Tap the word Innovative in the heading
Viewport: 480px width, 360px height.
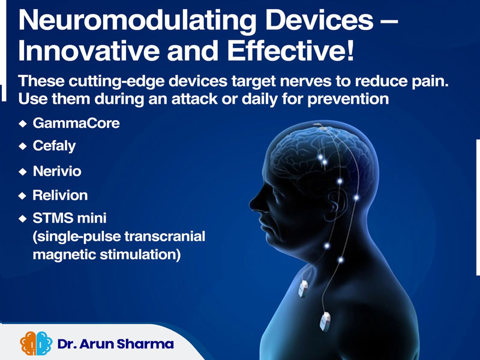pyautogui.click(x=89, y=51)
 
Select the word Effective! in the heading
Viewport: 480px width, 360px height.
pyautogui.click(x=290, y=51)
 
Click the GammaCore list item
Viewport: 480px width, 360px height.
pyautogui.click(x=76, y=124)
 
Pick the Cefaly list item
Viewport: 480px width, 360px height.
pyautogui.click(x=54, y=146)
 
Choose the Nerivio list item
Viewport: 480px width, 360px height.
pyautogui.click(x=57, y=171)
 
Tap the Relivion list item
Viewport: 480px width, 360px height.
pyautogui.click(x=60, y=196)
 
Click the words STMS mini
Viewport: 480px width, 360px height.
pyautogui.click(x=70, y=218)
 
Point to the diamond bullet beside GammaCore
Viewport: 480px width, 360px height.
pyautogui.click(x=23, y=124)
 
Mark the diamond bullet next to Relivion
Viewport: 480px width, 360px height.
pyautogui.click(x=22, y=196)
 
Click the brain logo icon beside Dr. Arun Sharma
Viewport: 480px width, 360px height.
pyautogui.click(x=36, y=343)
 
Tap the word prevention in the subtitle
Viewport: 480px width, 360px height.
pyautogui.click(x=348, y=100)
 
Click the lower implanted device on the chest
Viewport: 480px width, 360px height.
pyautogui.click(x=325, y=322)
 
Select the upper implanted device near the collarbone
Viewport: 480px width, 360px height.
pyautogui.click(x=303, y=289)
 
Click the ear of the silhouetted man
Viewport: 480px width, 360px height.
pyautogui.click(x=336, y=205)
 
